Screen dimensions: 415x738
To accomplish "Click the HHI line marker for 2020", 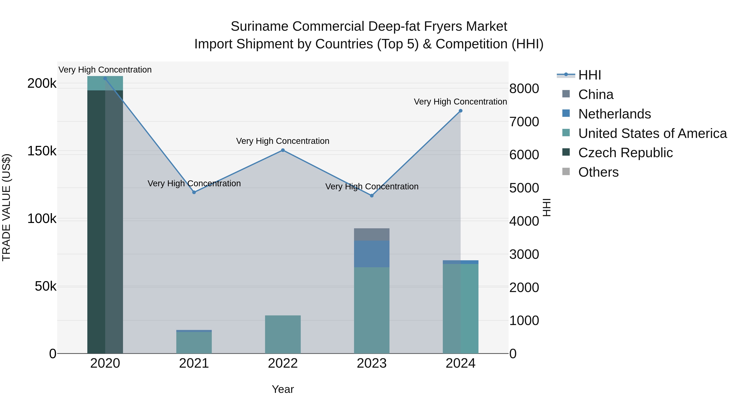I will (x=105, y=78).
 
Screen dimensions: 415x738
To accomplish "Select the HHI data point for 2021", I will (x=194, y=192).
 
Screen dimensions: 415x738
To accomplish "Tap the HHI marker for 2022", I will (x=283, y=150).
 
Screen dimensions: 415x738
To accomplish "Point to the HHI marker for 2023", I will (x=372, y=196).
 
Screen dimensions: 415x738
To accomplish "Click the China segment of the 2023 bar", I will (x=372, y=234).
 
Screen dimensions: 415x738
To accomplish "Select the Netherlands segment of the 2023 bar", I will (x=372, y=254).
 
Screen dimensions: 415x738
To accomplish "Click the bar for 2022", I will (x=283, y=334).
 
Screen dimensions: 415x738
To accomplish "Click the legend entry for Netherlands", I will (x=615, y=114).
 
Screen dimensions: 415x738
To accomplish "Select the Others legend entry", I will (x=598, y=172).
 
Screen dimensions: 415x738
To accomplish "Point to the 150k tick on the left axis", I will (x=42, y=151).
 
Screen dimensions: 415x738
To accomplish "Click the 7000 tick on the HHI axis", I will (x=524, y=122).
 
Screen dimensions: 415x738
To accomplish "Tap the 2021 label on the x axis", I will (x=194, y=363).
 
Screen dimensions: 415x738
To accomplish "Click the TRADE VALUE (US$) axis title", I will (x=6, y=207).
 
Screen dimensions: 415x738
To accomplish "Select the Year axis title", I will (x=283, y=389).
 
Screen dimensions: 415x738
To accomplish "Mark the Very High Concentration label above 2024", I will (x=460, y=102).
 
